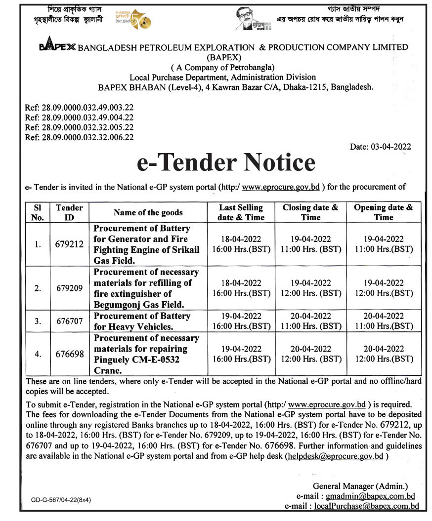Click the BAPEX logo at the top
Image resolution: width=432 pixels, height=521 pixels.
pos(57,47)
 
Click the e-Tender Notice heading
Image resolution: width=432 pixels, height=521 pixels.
pos(226,162)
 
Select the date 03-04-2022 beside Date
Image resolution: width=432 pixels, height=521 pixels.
pos(389,147)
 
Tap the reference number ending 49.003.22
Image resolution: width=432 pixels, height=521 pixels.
pos(79,107)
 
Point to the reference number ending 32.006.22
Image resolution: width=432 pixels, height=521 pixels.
pos(79,138)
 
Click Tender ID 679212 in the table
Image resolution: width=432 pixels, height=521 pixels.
pos(69,244)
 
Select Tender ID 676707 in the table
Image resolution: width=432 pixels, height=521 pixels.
pos(69,321)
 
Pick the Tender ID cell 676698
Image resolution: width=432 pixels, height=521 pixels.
pos(69,354)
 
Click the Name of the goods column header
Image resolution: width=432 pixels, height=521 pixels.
pos(148,213)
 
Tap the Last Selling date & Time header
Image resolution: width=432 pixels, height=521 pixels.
pos(241,212)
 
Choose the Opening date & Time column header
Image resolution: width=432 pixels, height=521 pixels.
pos(384,212)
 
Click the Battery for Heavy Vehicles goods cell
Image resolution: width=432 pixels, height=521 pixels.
pos(142,321)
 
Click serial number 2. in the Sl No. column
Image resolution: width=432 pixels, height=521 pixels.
pos(38,288)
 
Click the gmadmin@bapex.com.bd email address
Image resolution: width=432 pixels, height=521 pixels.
pos(370,496)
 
